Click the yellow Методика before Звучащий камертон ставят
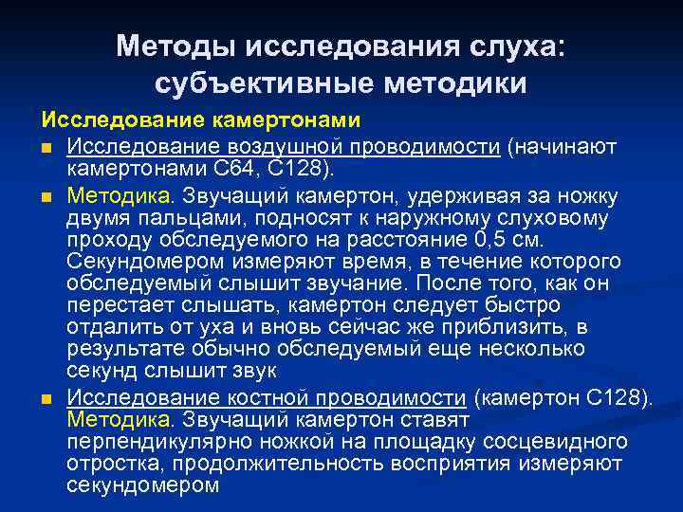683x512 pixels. click(x=120, y=419)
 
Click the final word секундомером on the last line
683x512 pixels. click(x=143, y=485)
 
